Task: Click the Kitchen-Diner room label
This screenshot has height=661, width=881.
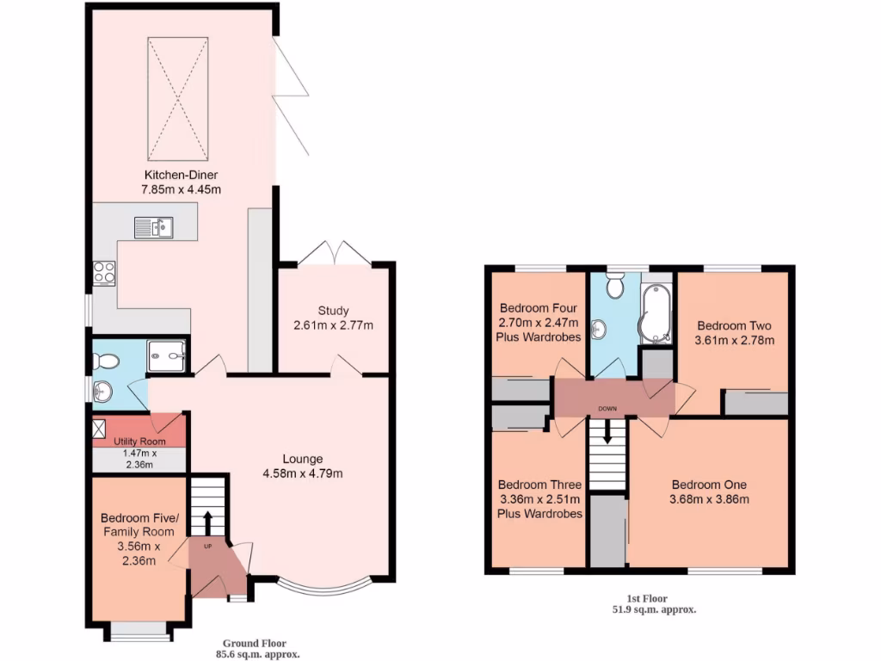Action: [x=180, y=175]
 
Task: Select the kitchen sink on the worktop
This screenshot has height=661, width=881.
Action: [x=154, y=227]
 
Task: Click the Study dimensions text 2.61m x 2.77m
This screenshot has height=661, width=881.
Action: [x=333, y=325]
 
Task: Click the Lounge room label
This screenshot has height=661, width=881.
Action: [x=304, y=459]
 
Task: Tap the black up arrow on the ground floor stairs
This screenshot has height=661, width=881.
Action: [x=207, y=520]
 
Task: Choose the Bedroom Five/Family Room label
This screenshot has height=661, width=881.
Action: [x=139, y=525]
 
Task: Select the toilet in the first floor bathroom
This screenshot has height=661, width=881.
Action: [x=614, y=287]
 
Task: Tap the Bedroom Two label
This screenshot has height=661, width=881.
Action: [x=734, y=326]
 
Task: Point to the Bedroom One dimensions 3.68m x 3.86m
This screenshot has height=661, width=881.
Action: [x=710, y=498]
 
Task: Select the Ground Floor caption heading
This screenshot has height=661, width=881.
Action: [x=255, y=643]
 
